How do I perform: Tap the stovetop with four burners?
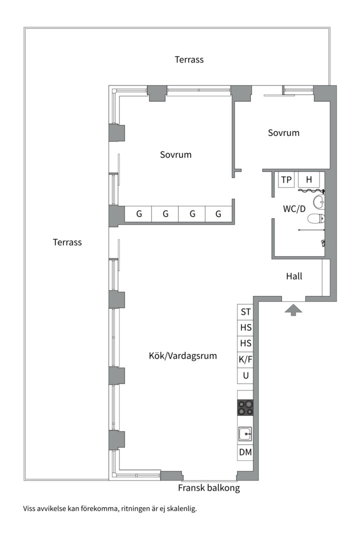click(245, 407)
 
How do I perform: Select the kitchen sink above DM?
click(245, 433)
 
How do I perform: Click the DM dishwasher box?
click(245, 452)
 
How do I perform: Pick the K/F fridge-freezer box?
click(245, 359)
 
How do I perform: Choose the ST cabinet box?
click(245, 312)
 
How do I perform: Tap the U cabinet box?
click(245, 375)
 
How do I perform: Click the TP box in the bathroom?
click(286, 180)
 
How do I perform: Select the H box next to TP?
click(309, 180)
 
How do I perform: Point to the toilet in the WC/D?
click(316, 218)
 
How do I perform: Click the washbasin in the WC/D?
click(318, 202)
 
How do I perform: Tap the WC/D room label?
click(294, 209)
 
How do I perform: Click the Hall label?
click(294, 276)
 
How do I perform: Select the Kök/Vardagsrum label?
click(182, 356)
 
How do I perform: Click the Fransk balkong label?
click(209, 488)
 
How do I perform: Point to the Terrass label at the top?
click(189, 59)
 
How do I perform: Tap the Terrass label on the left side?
click(67, 242)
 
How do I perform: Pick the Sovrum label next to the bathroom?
click(283, 133)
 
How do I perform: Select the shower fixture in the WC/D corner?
click(323, 243)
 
